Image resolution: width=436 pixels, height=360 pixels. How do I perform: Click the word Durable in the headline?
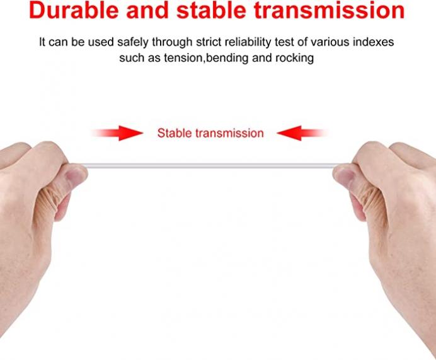pyautogui.click(x=74, y=10)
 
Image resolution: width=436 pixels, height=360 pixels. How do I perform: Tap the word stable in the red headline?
pyautogui.click(x=211, y=10)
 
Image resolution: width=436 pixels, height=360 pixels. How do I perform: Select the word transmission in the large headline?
pyautogui.click(x=330, y=10)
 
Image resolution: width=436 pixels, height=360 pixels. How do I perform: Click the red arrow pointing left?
pyautogui.click(x=302, y=133)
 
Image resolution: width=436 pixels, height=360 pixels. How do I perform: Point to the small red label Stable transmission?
pyautogui.click(x=210, y=133)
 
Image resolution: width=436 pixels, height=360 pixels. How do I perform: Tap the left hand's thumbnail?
pyautogui.click(x=76, y=175)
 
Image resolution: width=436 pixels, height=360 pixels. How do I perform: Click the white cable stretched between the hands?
pyautogui.click(x=210, y=166)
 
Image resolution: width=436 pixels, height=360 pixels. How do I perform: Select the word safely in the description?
pyautogui.click(x=133, y=42)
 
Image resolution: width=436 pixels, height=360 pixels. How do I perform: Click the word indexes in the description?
pyautogui.click(x=374, y=42)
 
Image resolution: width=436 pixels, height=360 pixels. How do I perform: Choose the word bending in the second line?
pyautogui.click(x=227, y=58)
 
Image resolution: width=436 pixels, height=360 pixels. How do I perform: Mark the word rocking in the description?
pyautogui.click(x=294, y=58)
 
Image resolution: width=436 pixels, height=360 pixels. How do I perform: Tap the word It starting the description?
pyautogui.click(x=42, y=42)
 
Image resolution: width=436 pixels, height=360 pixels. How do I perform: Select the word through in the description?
pyautogui.click(x=172, y=42)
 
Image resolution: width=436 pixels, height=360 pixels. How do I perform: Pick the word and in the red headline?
pyautogui.click(x=147, y=10)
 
